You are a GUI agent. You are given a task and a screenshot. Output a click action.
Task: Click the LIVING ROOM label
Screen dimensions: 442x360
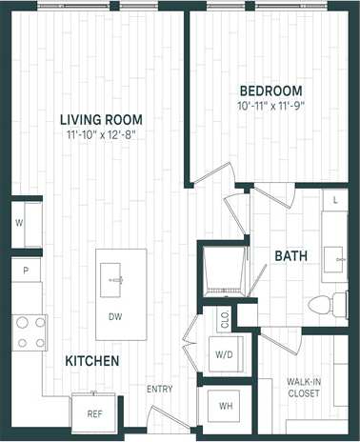click(101, 119)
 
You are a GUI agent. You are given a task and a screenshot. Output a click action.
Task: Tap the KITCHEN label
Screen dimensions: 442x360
click(91, 361)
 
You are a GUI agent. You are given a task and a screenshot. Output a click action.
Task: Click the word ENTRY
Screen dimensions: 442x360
click(159, 390)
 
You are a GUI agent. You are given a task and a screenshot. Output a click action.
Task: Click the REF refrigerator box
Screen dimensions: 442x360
click(94, 412)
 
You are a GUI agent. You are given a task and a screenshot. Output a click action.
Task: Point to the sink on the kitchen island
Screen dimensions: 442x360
click(118, 279)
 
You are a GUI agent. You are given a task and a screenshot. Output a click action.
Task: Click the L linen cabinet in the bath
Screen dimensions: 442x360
click(336, 201)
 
